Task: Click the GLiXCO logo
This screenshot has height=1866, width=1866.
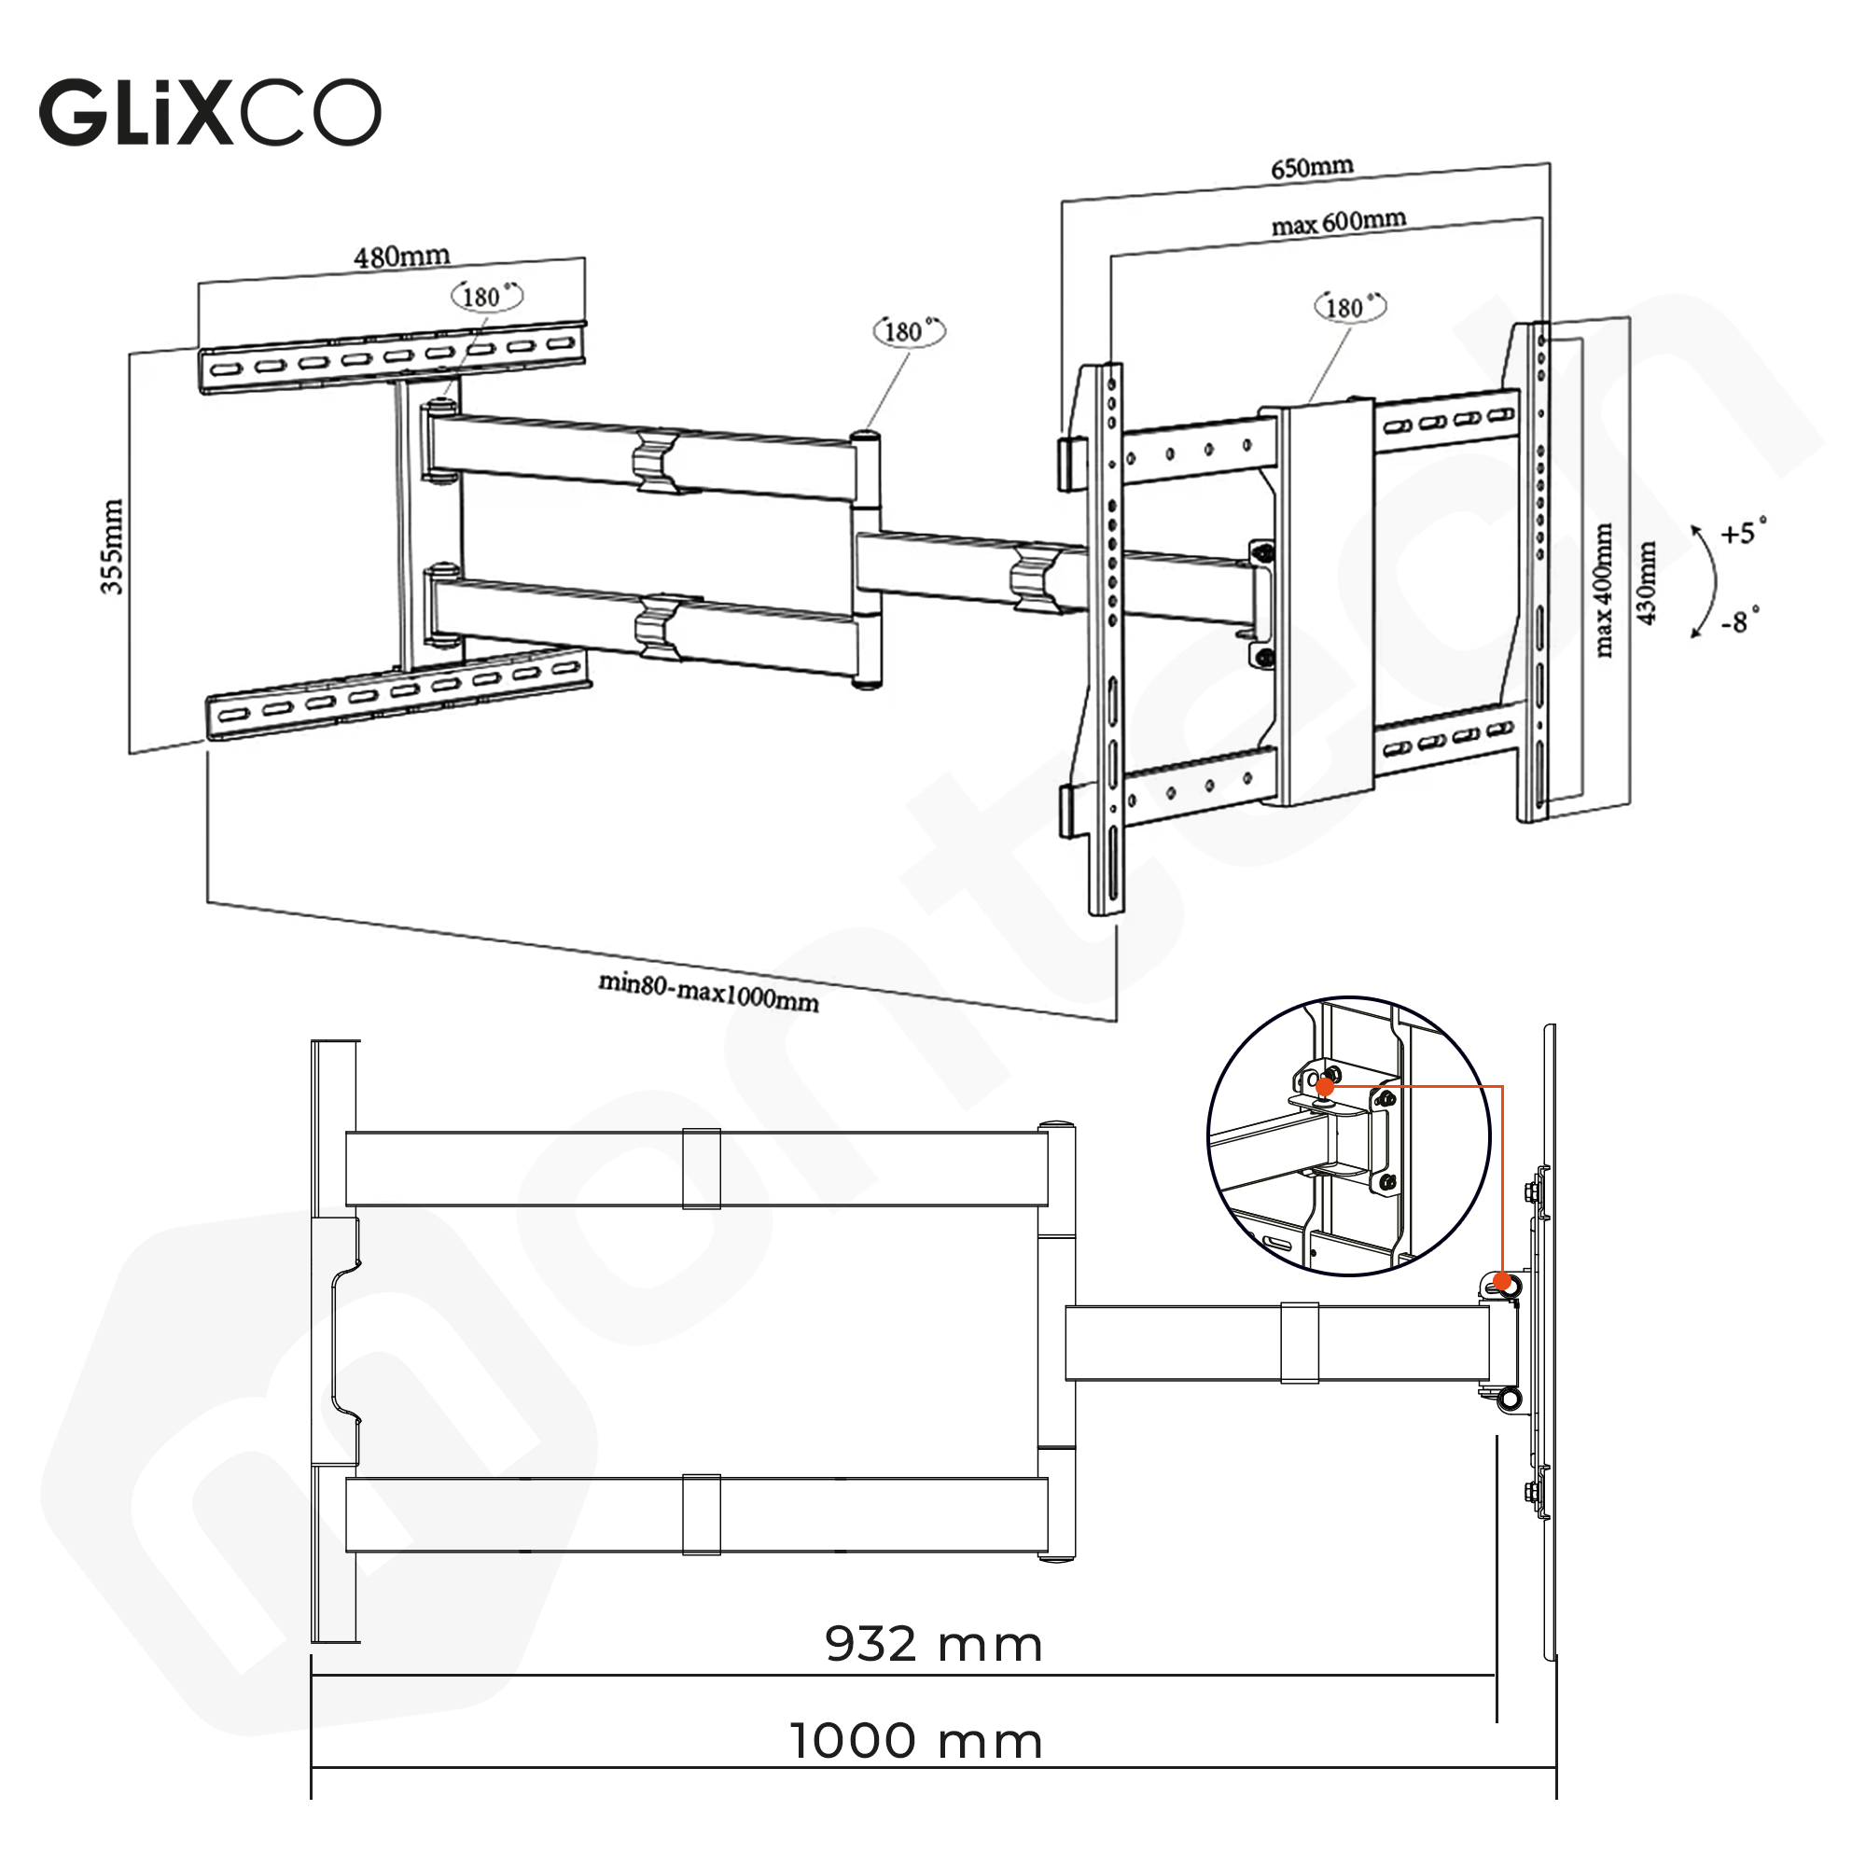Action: pos(210,113)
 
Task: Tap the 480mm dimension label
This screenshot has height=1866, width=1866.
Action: pos(402,257)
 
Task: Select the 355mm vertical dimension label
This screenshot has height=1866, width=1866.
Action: pos(113,547)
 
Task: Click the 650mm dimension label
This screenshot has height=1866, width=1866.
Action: pos(1312,168)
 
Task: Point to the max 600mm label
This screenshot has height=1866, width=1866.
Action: pos(1338,223)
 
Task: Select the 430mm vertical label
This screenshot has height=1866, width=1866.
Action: pos(1646,583)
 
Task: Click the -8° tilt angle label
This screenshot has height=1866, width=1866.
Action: pos(1739,621)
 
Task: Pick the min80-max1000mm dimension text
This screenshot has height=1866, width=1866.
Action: pos(708,992)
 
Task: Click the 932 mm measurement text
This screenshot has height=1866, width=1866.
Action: pos(933,1644)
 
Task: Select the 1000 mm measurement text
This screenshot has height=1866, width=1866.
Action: pos(915,1741)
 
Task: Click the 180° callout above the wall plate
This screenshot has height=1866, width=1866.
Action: pos(487,296)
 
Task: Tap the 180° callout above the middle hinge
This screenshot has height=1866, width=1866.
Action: pos(908,331)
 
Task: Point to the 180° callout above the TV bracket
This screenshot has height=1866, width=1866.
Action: pos(1349,307)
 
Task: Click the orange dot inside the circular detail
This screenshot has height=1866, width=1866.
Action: pos(1325,1087)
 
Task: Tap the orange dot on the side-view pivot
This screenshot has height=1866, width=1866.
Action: pos(1502,1282)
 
